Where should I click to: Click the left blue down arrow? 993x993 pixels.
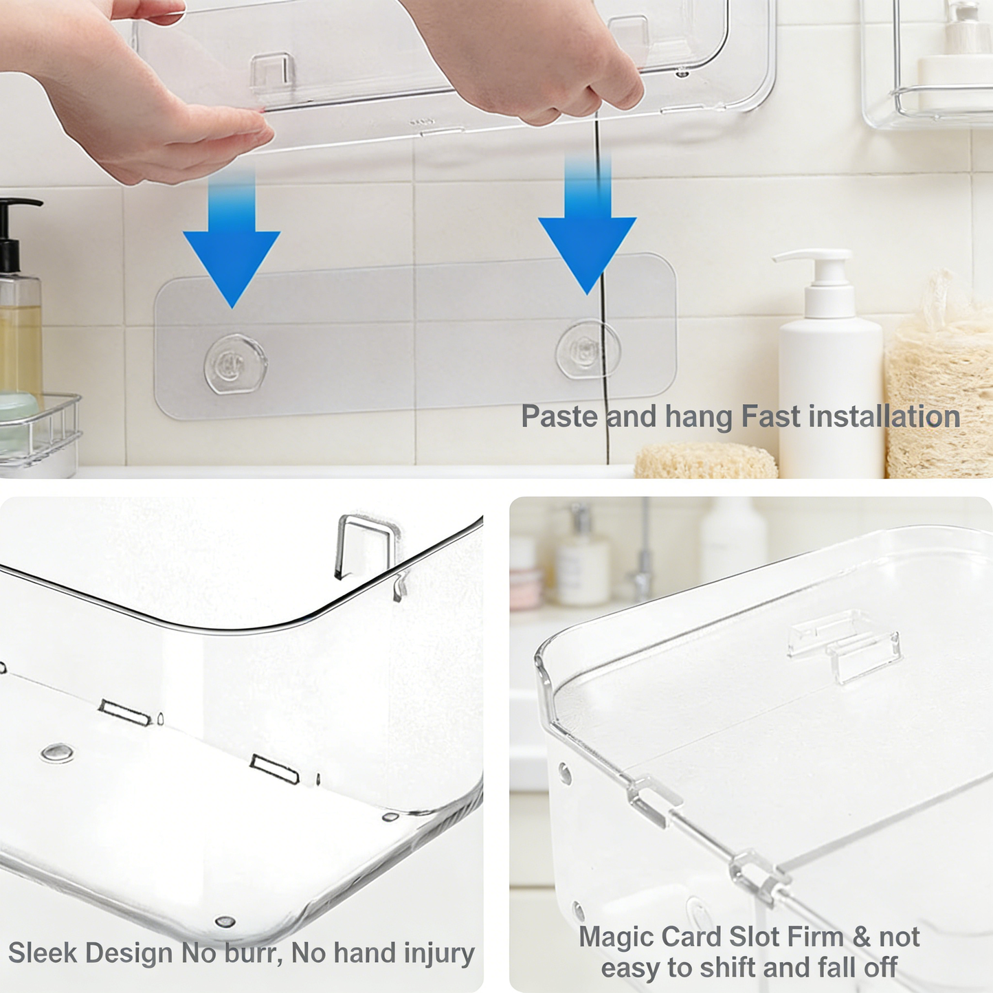pos(232,254)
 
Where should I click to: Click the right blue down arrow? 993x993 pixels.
pos(587,241)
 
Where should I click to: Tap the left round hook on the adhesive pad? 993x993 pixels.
pos(235,364)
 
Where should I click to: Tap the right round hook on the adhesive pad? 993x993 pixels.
pos(588,350)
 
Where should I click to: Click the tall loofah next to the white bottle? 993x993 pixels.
pos(938,385)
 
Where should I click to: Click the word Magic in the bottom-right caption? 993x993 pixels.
pos(616,937)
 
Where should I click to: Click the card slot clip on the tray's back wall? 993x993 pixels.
pos(845,646)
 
